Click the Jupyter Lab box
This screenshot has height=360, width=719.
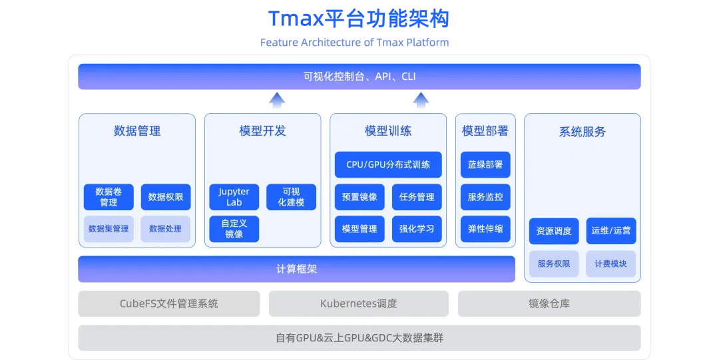(234, 197)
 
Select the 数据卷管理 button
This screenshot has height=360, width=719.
(109, 197)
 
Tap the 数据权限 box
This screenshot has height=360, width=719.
(166, 197)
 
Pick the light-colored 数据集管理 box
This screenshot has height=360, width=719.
(109, 229)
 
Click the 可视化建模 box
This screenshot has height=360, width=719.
(291, 197)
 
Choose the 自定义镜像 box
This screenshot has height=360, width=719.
(234, 229)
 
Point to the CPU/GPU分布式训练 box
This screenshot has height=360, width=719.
(388, 164)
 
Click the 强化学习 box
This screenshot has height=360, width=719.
(417, 229)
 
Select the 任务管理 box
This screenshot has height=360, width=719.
(417, 197)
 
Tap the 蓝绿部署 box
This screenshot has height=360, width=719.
(485, 164)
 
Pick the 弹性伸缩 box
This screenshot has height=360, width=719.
(485, 229)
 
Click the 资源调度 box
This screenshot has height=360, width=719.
(554, 231)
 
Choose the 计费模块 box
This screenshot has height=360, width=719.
(611, 264)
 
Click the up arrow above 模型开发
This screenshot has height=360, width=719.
(277, 100)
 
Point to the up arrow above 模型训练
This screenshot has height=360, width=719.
(420, 100)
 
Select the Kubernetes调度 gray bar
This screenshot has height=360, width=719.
(359, 303)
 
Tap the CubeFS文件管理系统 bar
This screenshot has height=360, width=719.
(169, 303)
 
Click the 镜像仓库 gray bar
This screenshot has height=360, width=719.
(549, 303)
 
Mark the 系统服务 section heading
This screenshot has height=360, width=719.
(583, 132)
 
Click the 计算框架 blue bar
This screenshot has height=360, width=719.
(297, 269)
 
